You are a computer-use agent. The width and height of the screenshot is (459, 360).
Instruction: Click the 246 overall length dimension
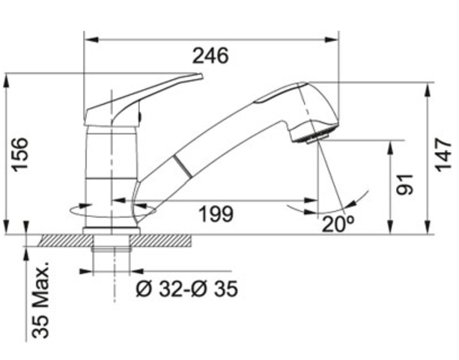pyautogui.click(x=210, y=55)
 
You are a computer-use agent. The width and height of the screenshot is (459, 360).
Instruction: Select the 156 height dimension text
pyautogui.click(x=20, y=154)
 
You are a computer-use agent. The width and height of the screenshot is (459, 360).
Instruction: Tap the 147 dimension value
pyautogui.click(x=443, y=154)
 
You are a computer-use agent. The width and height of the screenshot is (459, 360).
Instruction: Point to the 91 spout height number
pyautogui.click(x=404, y=184)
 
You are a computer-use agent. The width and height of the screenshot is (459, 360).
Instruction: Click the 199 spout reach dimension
pyautogui.click(x=216, y=213)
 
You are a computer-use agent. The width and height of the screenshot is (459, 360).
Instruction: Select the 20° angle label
pyautogui.click(x=338, y=225)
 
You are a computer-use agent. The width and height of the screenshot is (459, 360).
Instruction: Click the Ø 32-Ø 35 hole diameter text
pyautogui.click(x=186, y=289)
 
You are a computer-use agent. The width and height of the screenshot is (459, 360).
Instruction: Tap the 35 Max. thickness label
pyautogui.click(x=40, y=299)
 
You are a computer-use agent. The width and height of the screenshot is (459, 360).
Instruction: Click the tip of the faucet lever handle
pyautogui.click(x=201, y=76)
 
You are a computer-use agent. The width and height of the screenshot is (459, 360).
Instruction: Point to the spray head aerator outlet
pyautogui.click(x=317, y=139)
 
